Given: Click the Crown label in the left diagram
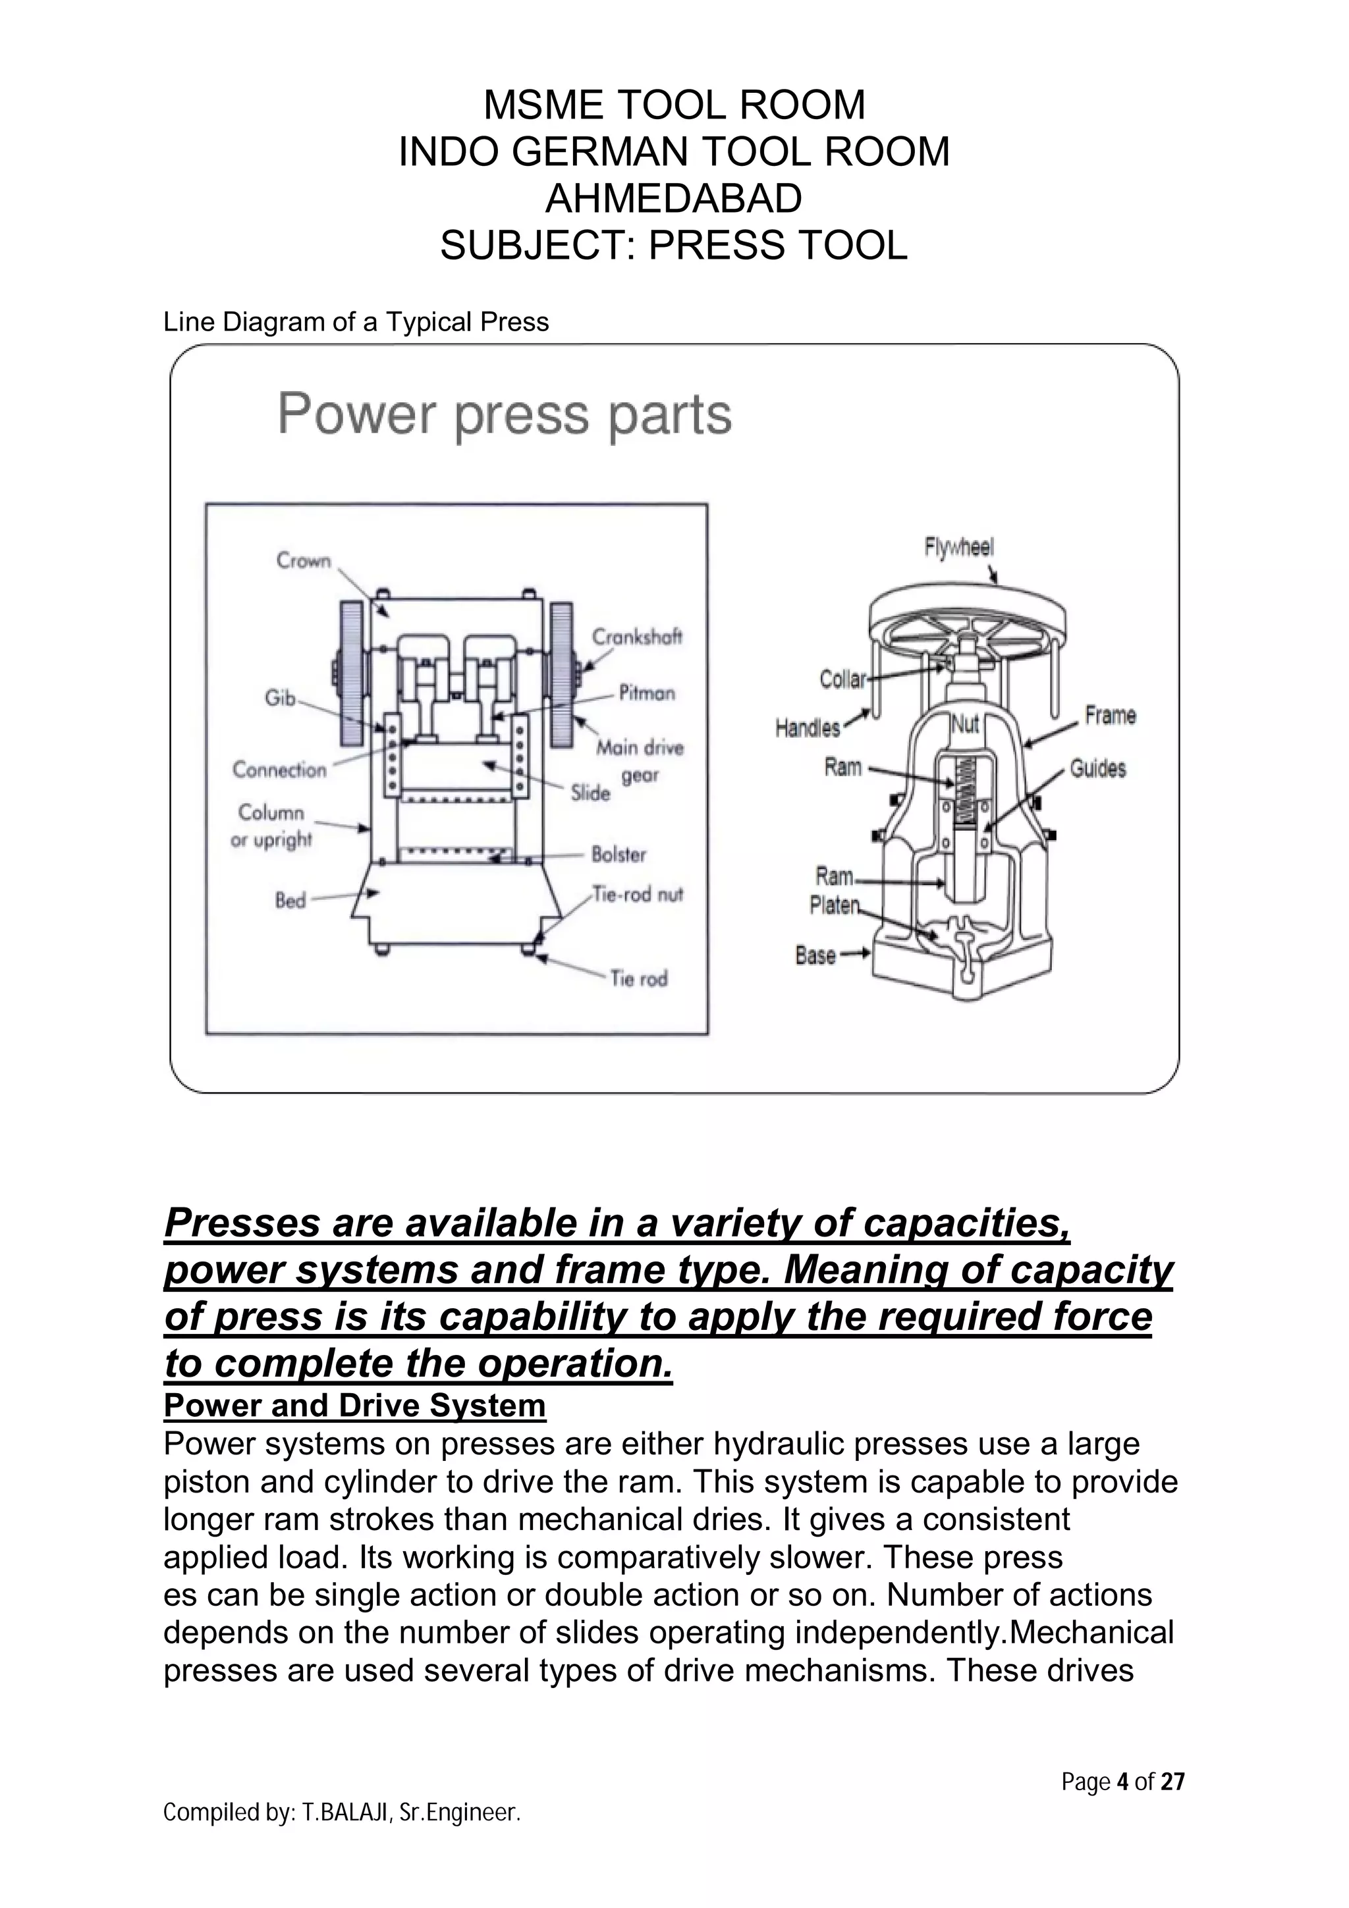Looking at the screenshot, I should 304,561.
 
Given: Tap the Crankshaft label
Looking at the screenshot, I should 637,637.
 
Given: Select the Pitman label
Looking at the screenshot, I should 647,693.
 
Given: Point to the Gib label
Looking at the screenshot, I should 280,698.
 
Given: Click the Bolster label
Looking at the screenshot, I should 619,855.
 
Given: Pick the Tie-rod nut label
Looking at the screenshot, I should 638,894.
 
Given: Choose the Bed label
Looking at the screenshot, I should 290,900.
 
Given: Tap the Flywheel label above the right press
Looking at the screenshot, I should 958,547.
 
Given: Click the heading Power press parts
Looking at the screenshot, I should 504,415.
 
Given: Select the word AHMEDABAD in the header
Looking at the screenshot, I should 673,198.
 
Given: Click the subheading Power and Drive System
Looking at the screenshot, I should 355,1404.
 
